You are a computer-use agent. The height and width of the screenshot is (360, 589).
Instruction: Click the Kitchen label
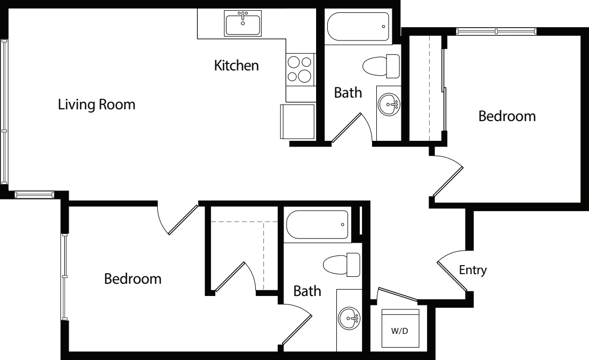(x=236, y=66)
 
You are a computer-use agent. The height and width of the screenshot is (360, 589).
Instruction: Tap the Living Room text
(x=96, y=105)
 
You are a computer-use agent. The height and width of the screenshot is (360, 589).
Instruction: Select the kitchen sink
(x=243, y=24)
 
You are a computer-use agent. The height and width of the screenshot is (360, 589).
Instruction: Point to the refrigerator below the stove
(x=297, y=121)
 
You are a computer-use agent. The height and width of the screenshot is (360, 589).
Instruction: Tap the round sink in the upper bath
(x=389, y=105)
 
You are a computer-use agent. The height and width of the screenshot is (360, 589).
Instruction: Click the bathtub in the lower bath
(x=318, y=225)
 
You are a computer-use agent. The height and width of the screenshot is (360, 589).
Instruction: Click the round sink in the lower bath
(x=349, y=319)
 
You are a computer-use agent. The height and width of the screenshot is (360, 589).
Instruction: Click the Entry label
(x=473, y=270)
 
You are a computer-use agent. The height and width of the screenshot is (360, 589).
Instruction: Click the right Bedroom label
(x=506, y=116)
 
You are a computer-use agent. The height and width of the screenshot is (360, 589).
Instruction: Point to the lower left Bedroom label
(x=132, y=278)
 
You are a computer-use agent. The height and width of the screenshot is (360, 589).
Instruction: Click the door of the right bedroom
(x=449, y=179)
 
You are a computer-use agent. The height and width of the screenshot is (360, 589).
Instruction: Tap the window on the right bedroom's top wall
(x=496, y=31)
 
